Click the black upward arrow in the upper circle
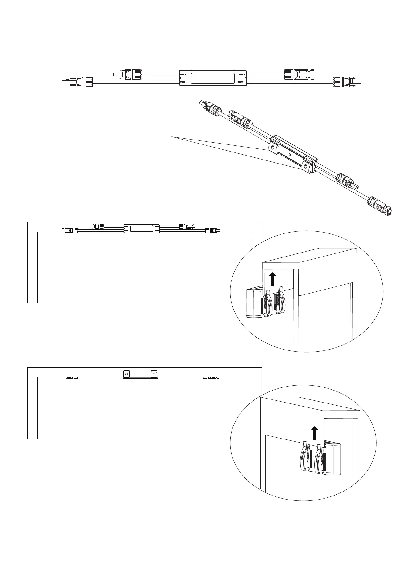[272, 279]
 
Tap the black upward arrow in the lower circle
[314, 433]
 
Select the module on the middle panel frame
[142, 228]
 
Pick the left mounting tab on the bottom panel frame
[126, 374]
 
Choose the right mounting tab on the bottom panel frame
[154, 374]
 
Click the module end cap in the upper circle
[253, 303]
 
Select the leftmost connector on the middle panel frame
[70, 230]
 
